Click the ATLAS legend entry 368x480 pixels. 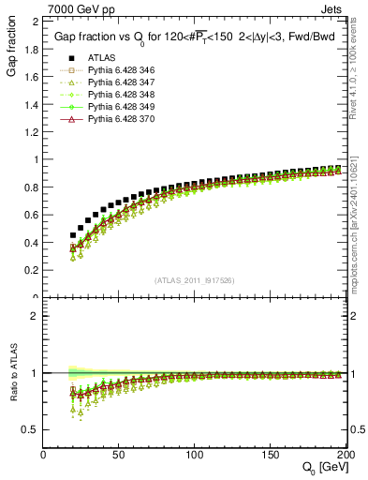pyautogui.click(x=101, y=58)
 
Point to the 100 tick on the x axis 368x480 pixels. pyautogui.click(x=194, y=455)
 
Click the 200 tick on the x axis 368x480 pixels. pyautogui.click(x=343, y=455)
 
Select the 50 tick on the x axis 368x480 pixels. pyautogui.click(x=119, y=455)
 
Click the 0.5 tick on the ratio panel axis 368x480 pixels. pyautogui.click(x=32, y=429)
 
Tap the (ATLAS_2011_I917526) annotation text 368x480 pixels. pyautogui.click(x=194, y=280)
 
